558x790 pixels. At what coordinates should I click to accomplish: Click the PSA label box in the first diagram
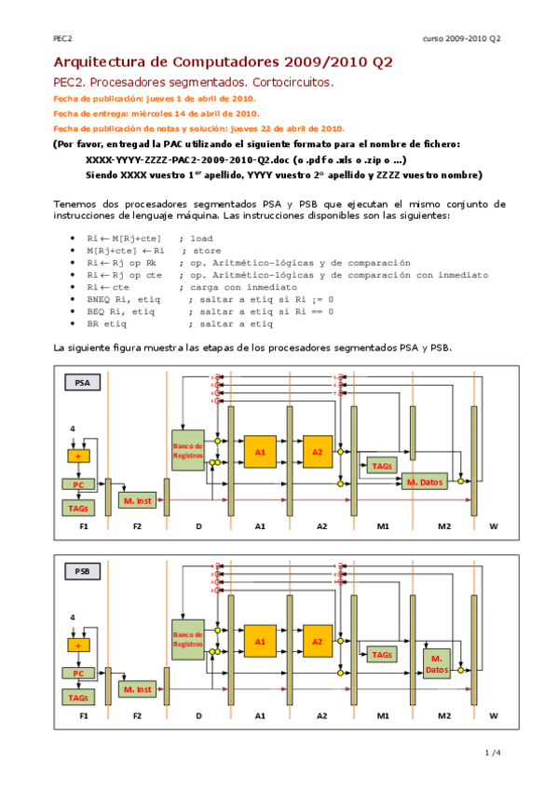click(82, 382)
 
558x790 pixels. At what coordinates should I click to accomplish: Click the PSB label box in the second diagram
click(82, 570)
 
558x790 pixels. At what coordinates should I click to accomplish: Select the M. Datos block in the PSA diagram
click(424, 481)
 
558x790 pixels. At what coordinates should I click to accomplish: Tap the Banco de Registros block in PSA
click(187, 451)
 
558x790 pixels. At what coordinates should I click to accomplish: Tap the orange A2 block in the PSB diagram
click(317, 641)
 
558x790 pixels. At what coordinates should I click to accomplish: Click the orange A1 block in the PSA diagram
click(260, 452)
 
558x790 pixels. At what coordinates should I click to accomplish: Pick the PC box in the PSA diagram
click(78, 484)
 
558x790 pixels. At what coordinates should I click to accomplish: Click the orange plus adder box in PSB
click(78, 645)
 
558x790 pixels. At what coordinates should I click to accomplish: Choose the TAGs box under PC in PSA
click(78, 508)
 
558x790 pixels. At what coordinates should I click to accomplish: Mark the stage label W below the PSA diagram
click(493, 526)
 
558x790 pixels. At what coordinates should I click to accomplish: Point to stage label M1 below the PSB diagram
click(383, 715)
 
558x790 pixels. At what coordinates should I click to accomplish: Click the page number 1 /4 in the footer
click(493, 753)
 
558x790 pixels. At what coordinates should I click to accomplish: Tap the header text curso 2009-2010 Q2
click(461, 38)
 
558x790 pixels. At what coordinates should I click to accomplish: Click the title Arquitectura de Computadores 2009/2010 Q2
click(223, 62)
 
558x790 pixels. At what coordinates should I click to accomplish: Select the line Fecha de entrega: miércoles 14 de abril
click(155, 113)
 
